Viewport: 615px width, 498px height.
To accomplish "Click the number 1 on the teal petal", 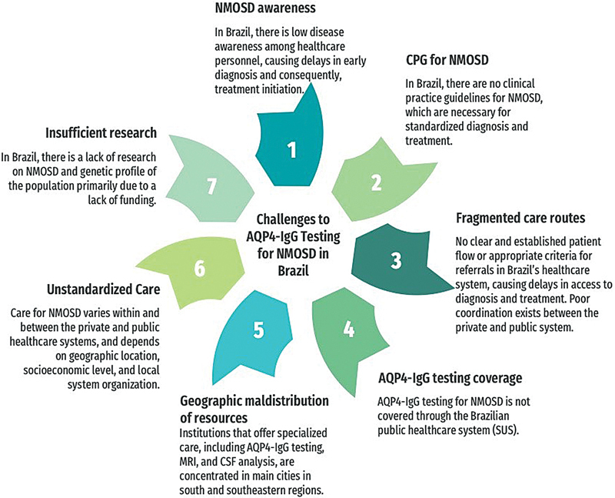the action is pyautogui.click(x=291, y=149).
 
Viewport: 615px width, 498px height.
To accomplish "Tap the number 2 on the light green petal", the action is pyautogui.click(x=376, y=182).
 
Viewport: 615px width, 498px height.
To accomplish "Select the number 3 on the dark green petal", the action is pyautogui.click(x=396, y=260).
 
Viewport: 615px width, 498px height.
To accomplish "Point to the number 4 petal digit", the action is pyautogui.click(x=349, y=329).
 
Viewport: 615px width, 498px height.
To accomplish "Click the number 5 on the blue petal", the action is pyautogui.click(x=258, y=330).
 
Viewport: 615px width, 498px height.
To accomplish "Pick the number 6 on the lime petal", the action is pyautogui.click(x=200, y=269).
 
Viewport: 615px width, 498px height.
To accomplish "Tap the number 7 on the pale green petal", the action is pyautogui.click(x=212, y=187).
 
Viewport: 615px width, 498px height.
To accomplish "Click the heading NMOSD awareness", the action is pyautogui.click(x=265, y=8).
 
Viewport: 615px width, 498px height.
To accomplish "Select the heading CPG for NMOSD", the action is pyautogui.click(x=447, y=60).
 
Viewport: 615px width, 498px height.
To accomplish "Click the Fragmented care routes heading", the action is pyautogui.click(x=520, y=218).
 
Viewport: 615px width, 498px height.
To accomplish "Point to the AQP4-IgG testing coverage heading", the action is pyautogui.click(x=450, y=378).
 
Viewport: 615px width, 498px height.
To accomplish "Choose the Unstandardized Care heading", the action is pyautogui.click(x=104, y=289).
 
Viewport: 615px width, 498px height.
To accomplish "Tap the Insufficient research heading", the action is pyautogui.click(x=101, y=132).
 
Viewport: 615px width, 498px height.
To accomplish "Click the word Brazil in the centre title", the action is pyautogui.click(x=294, y=271).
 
